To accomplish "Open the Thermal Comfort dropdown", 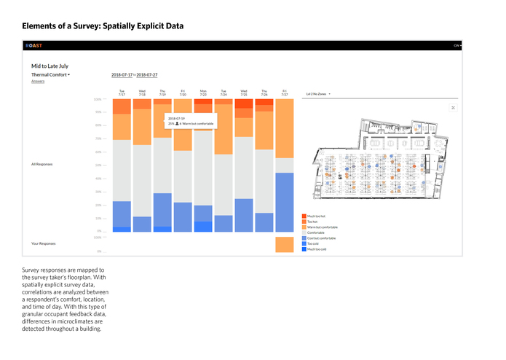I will tap(50, 75).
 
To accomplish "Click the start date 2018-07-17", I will tap(122, 75).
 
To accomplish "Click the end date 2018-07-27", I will tap(148, 75).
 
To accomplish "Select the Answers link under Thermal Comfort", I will tap(38, 82).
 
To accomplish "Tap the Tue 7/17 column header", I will tap(122, 93).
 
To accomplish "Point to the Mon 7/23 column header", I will tap(203, 93).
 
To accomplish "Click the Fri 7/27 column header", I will tap(285, 93).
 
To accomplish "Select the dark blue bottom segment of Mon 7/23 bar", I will tap(203, 227).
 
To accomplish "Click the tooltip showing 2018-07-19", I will tap(189, 120).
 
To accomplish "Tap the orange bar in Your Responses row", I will tap(285, 244).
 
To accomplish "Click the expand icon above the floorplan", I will tap(453, 108).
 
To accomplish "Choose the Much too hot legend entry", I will tap(316, 216).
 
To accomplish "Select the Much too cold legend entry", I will tap(316, 249).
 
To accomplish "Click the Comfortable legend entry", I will tap(316, 232).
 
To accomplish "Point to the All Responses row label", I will tap(42, 164).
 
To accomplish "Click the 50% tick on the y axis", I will tap(99, 165).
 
